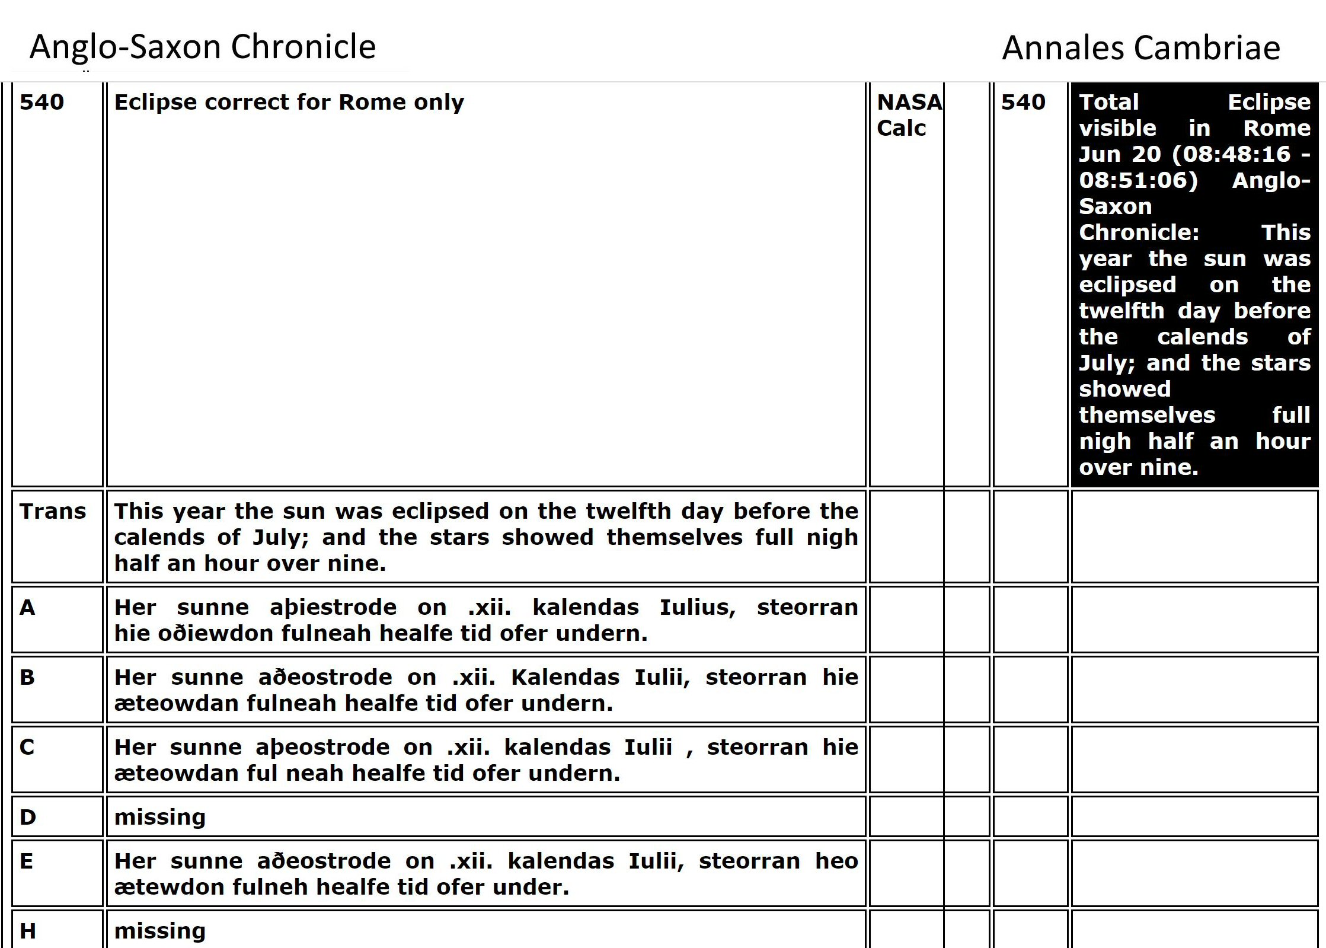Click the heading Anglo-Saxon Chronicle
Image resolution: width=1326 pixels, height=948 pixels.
coord(203,47)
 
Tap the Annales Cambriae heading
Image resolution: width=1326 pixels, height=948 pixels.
coord(1141,48)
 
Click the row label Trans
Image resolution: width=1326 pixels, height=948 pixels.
coord(53,511)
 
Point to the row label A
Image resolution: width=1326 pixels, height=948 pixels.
coord(27,607)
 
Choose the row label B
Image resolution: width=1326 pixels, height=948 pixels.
coord(27,677)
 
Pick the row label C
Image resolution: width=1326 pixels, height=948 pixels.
coord(27,747)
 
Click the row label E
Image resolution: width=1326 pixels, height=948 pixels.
coord(27,861)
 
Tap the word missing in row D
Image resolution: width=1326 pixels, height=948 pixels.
coord(160,817)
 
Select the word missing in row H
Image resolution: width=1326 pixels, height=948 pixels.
coord(160,931)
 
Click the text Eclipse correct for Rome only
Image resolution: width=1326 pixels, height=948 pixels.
coord(289,102)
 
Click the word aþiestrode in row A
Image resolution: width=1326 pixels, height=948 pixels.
coord(333,607)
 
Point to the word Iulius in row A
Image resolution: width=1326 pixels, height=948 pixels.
coord(698,607)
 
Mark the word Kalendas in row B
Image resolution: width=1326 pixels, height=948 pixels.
coord(565,677)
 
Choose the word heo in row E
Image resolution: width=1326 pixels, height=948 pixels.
coord(836,861)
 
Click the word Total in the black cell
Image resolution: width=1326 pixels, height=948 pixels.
coord(1109,102)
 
